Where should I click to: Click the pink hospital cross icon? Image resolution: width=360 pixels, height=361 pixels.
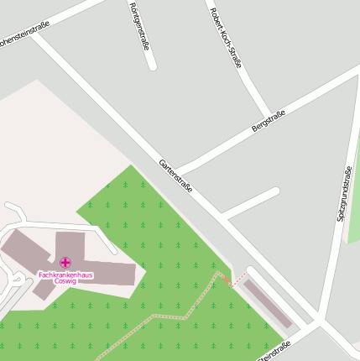click(x=65, y=263)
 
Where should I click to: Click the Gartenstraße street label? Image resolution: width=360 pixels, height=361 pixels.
click(x=176, y=176)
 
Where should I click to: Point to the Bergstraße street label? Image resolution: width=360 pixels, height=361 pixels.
click(x=269, y=121)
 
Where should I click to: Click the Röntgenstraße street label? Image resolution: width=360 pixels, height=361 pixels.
click(x=139, y=25)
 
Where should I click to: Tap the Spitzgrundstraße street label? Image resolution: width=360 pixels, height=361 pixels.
click(x=343, y=193)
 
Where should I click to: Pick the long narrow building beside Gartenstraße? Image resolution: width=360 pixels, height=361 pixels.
click(x=267, y=302)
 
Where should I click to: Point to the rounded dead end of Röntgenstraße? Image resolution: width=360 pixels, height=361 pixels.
click(x=152, y=65)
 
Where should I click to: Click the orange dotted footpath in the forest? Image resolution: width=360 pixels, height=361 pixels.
click(x=168, y=317)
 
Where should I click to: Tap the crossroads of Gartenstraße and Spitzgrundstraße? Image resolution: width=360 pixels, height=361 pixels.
click(x=321, y=321)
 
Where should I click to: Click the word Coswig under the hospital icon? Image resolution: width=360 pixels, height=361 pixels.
click(x=65, y=282)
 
